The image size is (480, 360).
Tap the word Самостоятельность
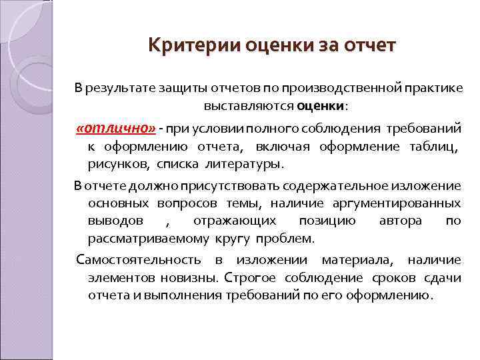(139, 260)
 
